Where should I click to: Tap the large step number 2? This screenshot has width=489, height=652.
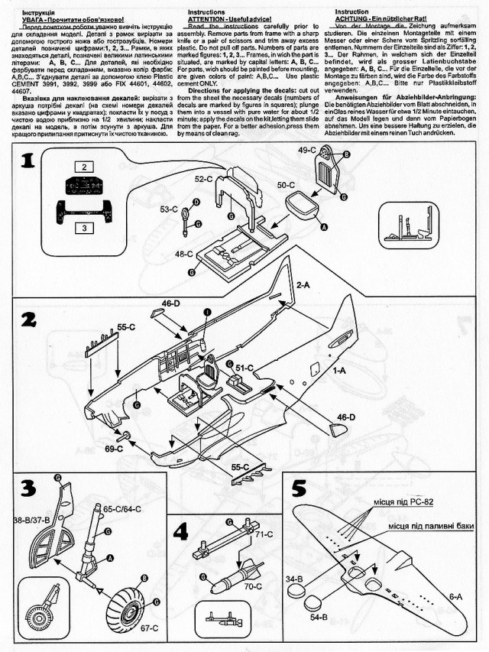28,323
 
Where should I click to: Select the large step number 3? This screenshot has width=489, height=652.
28,487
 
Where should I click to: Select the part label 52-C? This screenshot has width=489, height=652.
203,178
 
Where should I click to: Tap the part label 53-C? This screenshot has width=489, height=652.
170,208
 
